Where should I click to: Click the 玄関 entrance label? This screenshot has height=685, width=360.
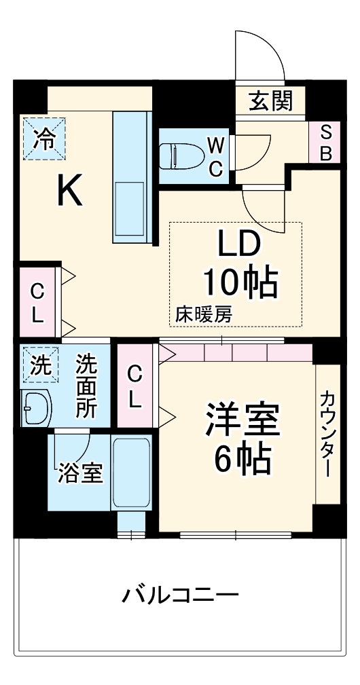(x=270, y=101)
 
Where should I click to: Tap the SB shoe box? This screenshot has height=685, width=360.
(x=325, y=143)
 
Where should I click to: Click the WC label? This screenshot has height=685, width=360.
(x=215, y=156)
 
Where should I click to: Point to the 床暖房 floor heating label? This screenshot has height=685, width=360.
(x=204, y=314)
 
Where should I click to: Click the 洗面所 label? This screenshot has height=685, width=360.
(x=86, y=386)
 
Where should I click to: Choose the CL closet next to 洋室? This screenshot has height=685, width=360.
(x=136, y=386)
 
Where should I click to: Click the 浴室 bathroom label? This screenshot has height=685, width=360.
(x=80, y=473)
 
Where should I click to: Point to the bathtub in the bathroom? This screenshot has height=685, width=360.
(x=131, y=473)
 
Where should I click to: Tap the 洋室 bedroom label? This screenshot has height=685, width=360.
(x=242, y=422)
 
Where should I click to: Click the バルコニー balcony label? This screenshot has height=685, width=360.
(x=180, y=597)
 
